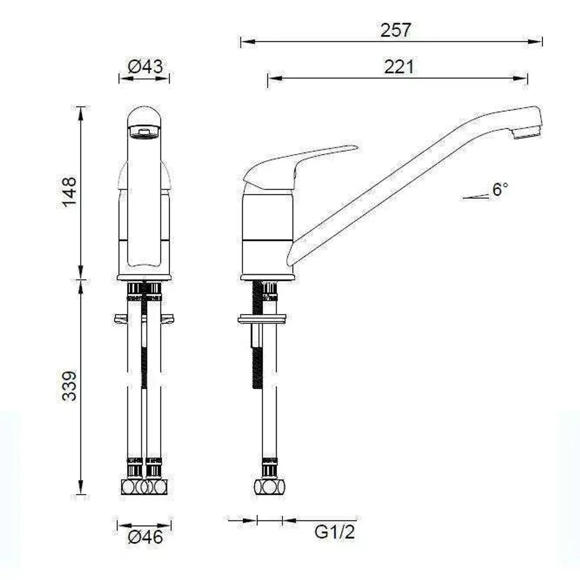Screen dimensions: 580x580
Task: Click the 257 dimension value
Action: click(x=396, y=31)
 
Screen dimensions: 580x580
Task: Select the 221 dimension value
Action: click(x=399, y=67)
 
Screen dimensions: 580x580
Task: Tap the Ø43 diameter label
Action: click(x=145, y=67)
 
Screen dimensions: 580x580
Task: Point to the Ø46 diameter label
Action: click(x=145, y=536)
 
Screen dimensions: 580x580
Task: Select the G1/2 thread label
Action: click(x=335, y=532)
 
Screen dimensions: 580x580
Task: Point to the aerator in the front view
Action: click(x=144, y=132)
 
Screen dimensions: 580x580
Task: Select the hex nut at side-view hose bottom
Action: click(x=270, y=487)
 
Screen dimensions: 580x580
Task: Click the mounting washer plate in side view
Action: click(x=262, y=320)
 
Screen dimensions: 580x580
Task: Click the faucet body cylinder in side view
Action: click(x=267, y=231)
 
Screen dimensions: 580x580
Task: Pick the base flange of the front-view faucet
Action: click(x=144, y=278)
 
